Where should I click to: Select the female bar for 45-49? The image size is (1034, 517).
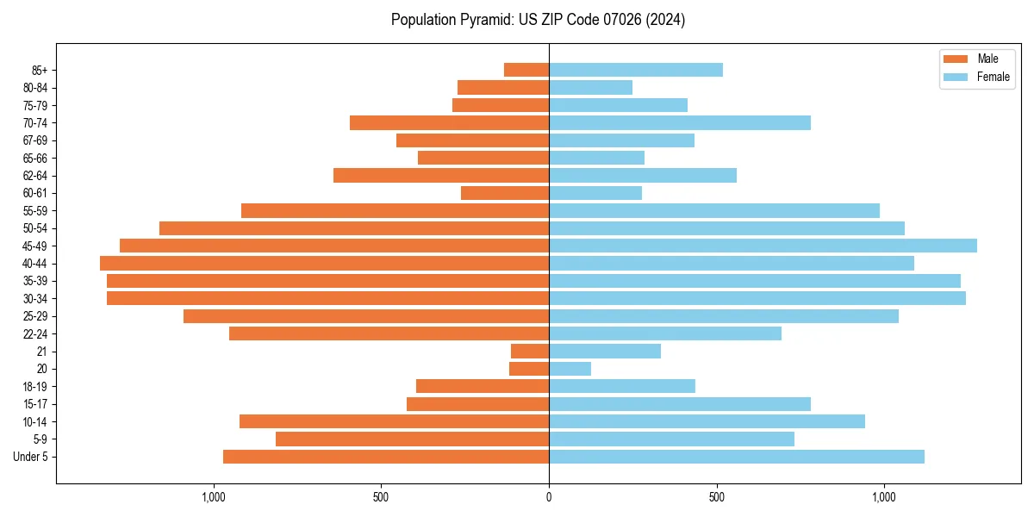pos(763,246)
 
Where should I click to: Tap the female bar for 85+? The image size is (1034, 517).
pos(635,70)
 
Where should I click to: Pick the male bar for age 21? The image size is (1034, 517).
pos(530,351)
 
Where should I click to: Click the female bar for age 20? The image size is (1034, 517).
pos(570,369)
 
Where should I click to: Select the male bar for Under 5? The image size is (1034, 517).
pos(386,456)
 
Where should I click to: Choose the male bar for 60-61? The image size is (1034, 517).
pos(505,193)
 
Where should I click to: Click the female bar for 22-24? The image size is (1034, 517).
pos(664,333)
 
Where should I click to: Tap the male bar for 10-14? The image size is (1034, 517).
pos(394,421)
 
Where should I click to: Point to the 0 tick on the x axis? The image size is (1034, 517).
pos(549,496)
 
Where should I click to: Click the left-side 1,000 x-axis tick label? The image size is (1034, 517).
pos(213,496)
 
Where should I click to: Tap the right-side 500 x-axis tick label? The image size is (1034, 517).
pos(716,496)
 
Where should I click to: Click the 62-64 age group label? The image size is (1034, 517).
pos(35,176)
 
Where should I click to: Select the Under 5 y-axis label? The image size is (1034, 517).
pos(31,457)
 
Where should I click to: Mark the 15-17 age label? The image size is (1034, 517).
pos(35,404)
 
